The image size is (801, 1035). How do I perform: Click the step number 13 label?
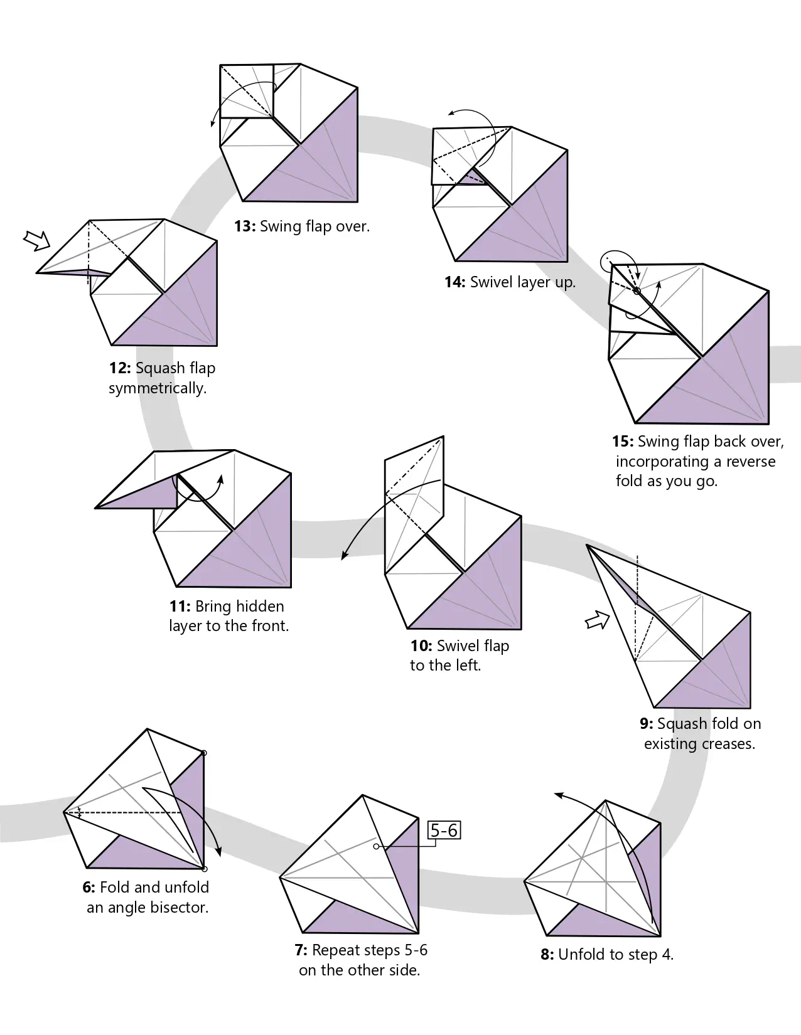tap(245, 226)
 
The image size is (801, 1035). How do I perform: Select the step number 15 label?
tap(623, 442)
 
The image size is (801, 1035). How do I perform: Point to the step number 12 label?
tap(120, 368)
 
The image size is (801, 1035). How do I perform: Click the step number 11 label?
tap(179, 607)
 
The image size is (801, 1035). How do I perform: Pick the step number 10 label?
tap(421, 646)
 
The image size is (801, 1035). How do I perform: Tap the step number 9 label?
tap(647, 724)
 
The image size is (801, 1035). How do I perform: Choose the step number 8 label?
tap(547, 955)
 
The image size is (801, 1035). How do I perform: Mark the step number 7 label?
tap(301, 950)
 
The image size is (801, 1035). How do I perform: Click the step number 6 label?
tap(89, 888)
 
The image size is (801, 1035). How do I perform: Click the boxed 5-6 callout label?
tap(444, 831)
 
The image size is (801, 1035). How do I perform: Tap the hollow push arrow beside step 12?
tap(36, 240)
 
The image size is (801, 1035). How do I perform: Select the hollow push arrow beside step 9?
tap(597, 620)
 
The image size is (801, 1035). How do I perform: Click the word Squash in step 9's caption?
tap(679, 724)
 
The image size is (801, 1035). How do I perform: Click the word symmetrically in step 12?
tap(158, 388)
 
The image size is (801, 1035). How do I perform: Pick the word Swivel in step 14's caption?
tap(491, 282)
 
